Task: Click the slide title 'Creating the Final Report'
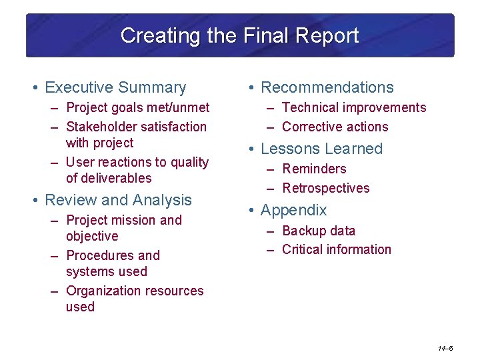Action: pyautogui.click(x=239, y=35)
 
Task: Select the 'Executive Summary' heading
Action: pyautogui.click(x=115, y=87)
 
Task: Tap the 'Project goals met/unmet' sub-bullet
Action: pyautogui.click(x=137, y=107)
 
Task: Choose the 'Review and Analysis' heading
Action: pyautogui.click(x=118, y=200)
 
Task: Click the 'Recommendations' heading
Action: pyautogui.click(x=327, y=87)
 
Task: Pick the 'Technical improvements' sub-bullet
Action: pyautogui.click(x=353, y=107)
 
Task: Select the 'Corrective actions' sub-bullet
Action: pyautogui.click(x=335, y=127)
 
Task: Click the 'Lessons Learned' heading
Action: pyautogui.click(x=321, y=149)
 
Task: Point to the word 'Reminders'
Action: pyautogui.click(x=314, y=169)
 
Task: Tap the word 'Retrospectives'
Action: pyautogui.click(x=325, y=188)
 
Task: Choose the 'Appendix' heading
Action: pyautogui.click(x=293, y=210)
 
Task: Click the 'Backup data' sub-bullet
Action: pyautogui.click(x=319, y=231)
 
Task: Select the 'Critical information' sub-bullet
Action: pyautogui.click(x=336, y=249)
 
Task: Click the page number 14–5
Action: pyautogui.click(x=445, y=349)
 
